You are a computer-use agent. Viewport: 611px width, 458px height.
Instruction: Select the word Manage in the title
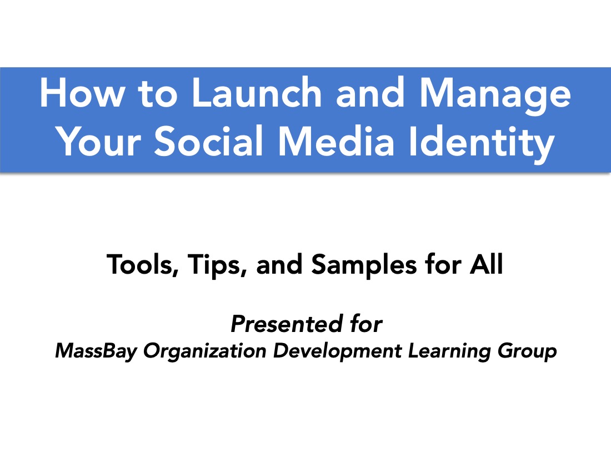pos(495,96)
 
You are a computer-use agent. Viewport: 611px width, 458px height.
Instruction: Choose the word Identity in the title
pos(482,144)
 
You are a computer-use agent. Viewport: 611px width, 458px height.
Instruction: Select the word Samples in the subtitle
pos(364,265)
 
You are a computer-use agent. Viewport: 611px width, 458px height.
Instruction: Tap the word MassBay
pos(96,351)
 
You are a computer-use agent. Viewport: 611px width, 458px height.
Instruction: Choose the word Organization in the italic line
pos(205,351)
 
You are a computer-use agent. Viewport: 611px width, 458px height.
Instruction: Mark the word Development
pos(338,351)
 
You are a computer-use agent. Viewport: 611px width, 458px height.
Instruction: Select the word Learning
pos(449,351)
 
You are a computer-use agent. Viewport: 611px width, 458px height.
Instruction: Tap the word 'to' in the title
pos(158,94)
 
